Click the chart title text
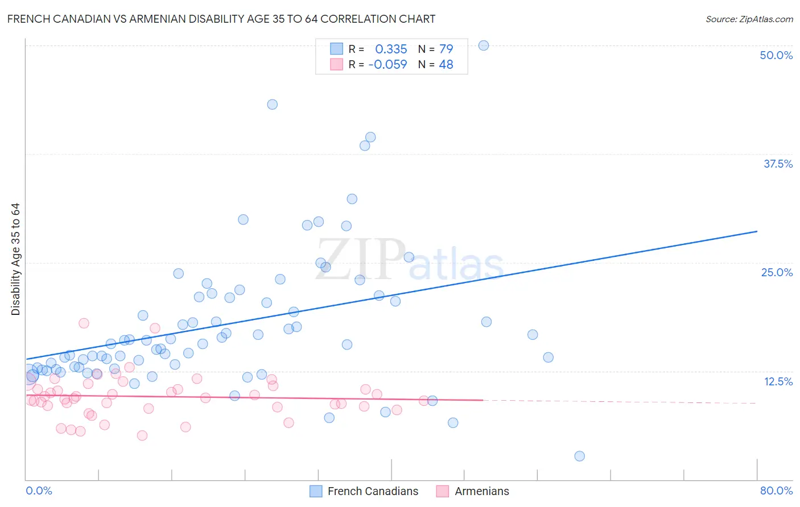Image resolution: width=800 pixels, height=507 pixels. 221,19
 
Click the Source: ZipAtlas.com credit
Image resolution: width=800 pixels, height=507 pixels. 749,19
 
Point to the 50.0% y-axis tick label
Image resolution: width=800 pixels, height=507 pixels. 776,55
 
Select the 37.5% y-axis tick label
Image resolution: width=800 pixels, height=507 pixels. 778,164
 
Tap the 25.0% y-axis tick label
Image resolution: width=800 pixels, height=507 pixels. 777,272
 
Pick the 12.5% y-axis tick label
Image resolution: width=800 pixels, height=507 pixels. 778,381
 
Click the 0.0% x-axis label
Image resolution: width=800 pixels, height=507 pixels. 39,491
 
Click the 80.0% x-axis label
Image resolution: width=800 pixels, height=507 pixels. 776,491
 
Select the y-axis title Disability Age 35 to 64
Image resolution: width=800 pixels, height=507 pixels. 15,259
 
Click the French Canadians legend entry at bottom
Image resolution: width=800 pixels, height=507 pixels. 373,491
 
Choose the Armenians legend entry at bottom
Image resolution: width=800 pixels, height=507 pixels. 481,491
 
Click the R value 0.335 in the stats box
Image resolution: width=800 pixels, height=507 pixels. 391,49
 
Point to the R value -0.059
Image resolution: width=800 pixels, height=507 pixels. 387,65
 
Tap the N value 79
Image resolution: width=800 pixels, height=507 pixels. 446,49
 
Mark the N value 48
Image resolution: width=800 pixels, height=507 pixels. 446,65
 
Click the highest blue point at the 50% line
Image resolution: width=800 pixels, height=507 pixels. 484,45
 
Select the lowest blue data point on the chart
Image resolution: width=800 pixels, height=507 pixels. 579,456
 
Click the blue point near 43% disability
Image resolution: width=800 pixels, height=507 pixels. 273,105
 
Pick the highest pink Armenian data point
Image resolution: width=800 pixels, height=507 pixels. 84,323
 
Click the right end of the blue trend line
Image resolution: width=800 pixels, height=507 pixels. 757,231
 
